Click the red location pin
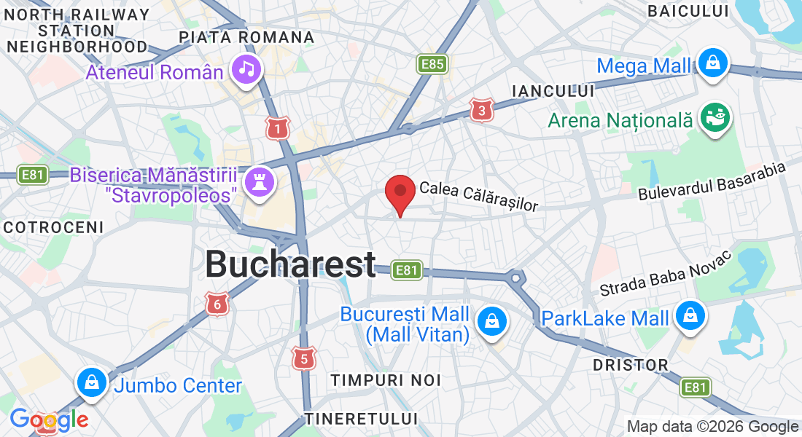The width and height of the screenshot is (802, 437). pyautogui.click(x=400, y=193)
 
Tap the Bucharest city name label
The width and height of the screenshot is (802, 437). pyautogui.click(x=290, y=264)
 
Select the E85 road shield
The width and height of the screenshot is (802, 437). pyautogui.click(x=431, y=65)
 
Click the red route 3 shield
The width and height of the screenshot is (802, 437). pyautogui.click(x=481, y=110)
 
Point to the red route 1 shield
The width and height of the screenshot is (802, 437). pyautogui.click(x=276, y=129)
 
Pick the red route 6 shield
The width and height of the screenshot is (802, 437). pyautogui.click(x=217, y=304)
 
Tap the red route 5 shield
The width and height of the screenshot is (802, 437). pyautogui.click(x=304, y=358)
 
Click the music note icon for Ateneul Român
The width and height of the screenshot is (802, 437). pyautogui.click(x=247, y=69)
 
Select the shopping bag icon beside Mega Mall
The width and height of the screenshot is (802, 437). pyautogui.click(x=712, y=63)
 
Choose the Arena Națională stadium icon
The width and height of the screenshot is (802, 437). pyautogui.click(x=715, y=118)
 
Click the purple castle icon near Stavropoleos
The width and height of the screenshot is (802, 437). pyautogui.click(x=259, y=181)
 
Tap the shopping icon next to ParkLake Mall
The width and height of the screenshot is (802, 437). pyautogui.click(x=689, y=315)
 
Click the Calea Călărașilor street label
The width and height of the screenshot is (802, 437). pyautogui.click(x=478, y=197)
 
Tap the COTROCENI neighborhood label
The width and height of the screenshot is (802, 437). pyautogui.click(x=53, y=227)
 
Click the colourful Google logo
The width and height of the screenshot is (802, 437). pyautogui.click(x=49, y=420)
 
